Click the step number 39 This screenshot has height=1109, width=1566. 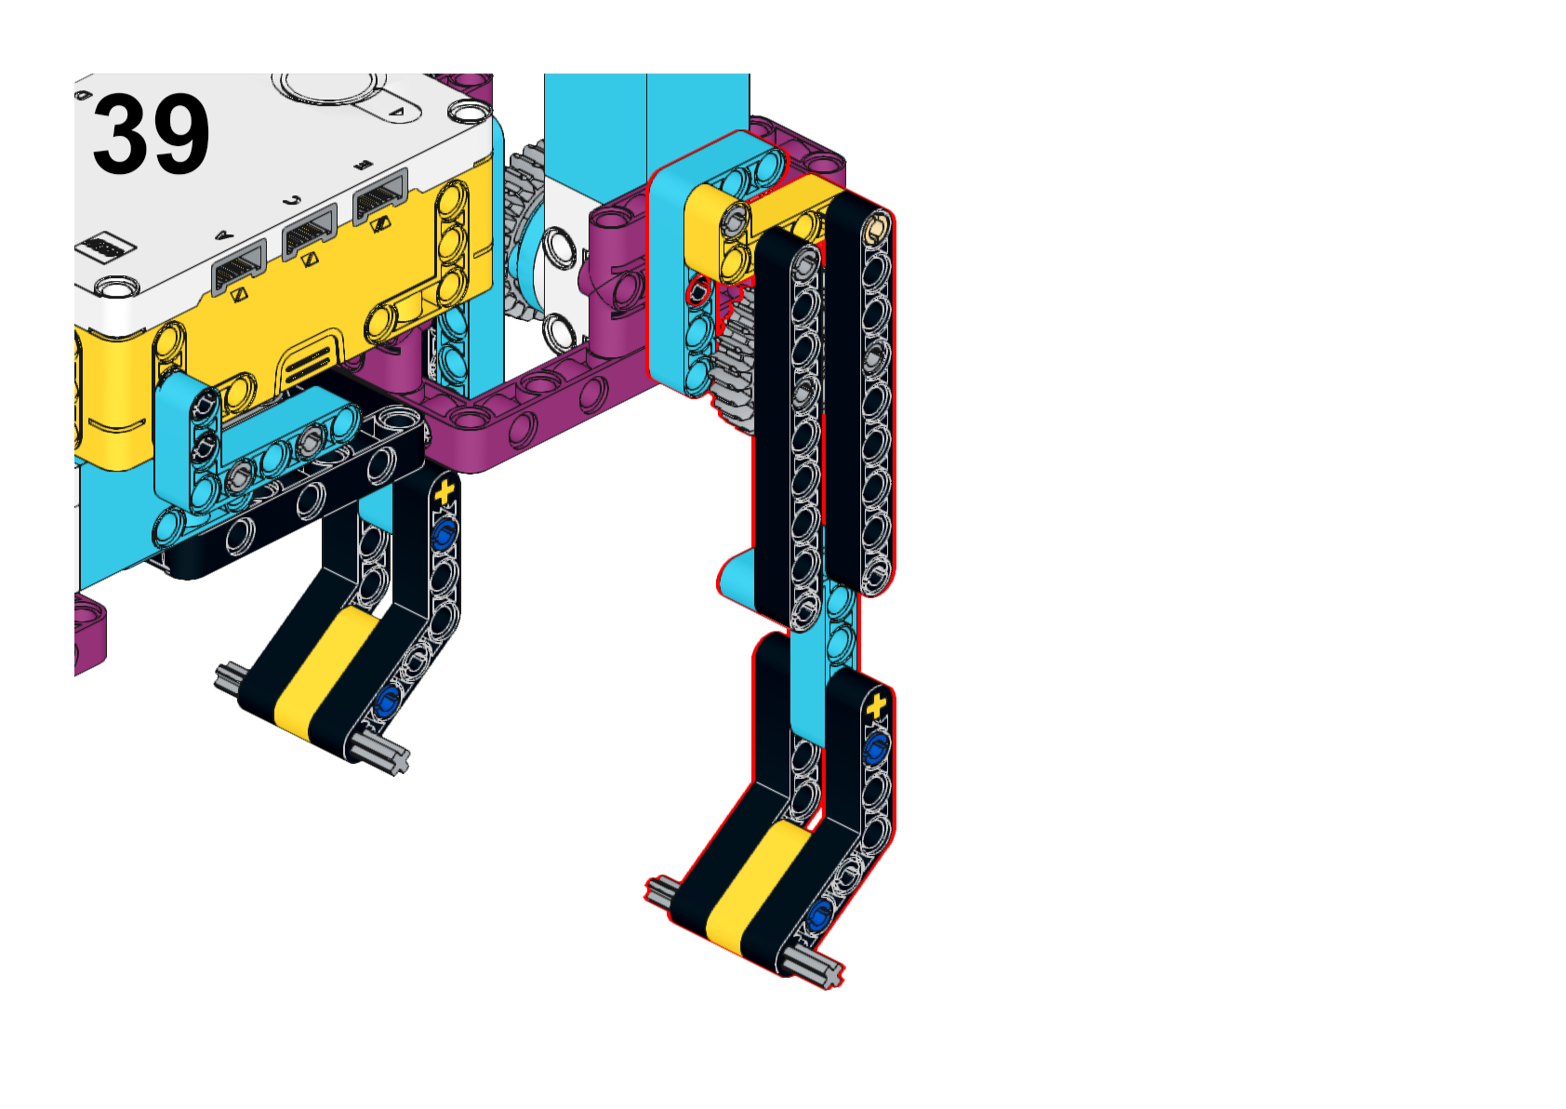(x=151, y=134)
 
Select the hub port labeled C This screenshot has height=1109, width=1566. (x=310, y=233)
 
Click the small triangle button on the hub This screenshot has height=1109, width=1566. (x=396, y=112)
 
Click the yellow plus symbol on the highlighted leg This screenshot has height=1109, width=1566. (x=876, y=706)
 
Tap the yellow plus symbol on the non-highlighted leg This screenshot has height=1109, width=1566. (x=444, y=492)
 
